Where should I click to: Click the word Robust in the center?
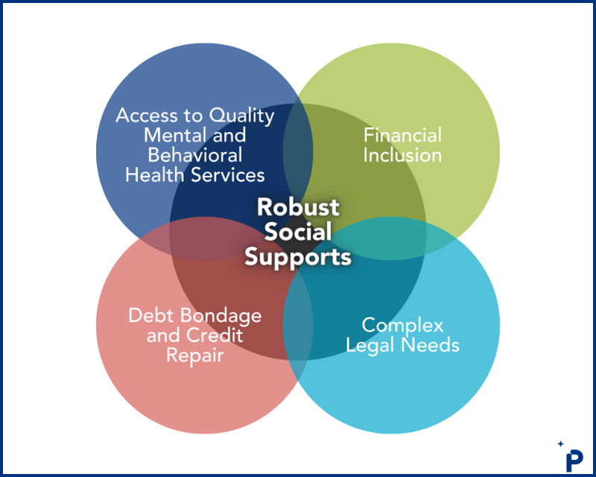(298, 207)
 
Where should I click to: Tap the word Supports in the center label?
(298, 257)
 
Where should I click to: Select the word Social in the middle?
(298, 232)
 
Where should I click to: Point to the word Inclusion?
(402, 155)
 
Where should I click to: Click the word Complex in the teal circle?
(402, 326)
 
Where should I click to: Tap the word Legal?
(375, 346)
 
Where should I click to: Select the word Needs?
(431, 346)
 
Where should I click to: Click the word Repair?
(195, 356)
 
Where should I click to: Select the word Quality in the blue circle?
(241, 117)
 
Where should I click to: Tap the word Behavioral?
(195, 155)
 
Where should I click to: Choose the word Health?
(153, 174)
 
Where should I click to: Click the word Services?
(227, 174)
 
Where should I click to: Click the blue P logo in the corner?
(574, 457)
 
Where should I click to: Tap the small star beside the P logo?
(560, 444)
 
